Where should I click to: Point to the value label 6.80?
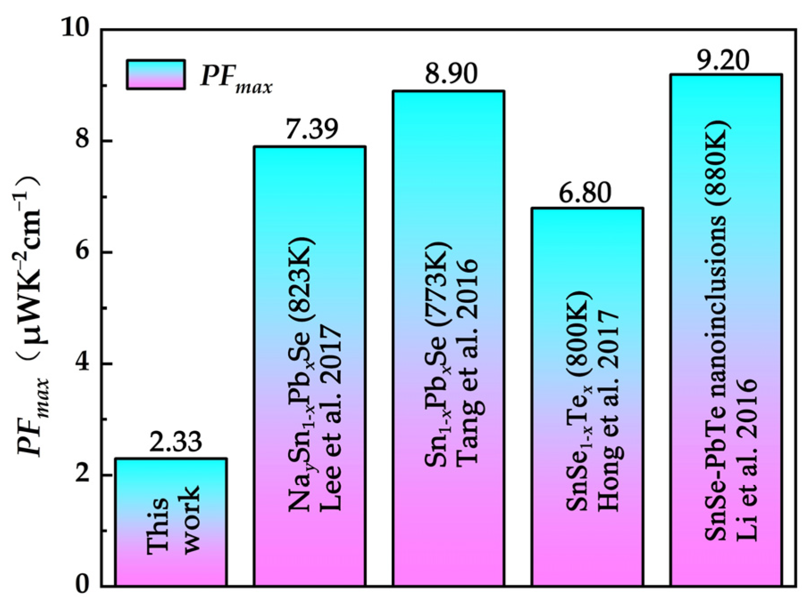585,193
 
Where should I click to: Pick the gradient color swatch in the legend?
156,75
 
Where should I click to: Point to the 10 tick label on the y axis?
76,29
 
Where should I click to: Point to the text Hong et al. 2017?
609,410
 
